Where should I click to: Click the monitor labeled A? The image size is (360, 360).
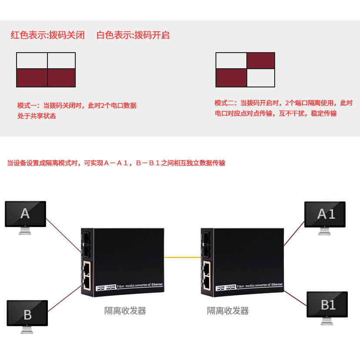[x=25, y=213]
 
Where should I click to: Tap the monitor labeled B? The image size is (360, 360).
[x=27, y=313]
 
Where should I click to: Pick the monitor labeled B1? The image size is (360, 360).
[x=327, y=304]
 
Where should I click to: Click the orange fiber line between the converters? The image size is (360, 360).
[x=182, y=257]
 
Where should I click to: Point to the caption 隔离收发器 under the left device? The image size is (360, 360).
[x=125, y=311]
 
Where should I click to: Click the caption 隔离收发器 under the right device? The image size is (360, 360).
[x=228, y=311]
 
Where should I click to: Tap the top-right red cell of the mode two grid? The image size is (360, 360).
[x=260, y=61]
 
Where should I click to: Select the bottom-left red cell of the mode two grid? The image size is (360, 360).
[x=231, y=78]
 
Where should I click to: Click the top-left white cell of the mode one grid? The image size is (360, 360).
[x=32, y=61]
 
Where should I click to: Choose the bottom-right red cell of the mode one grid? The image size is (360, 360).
[x=61, y=78]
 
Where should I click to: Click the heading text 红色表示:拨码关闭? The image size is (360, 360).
[x=48, y=35]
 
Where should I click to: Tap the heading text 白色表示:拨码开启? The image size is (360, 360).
[x=133, y=35]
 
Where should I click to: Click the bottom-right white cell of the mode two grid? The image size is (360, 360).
[x=260, y=78]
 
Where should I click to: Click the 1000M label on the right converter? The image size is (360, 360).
[x=231, y=287]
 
